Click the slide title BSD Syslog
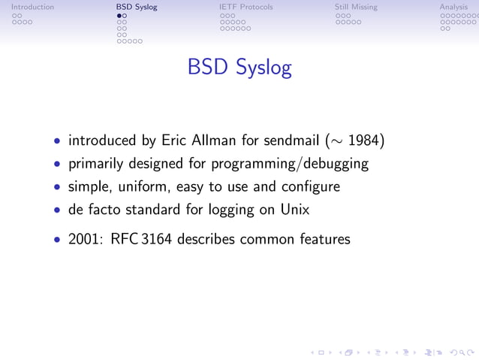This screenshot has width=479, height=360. pyautogui.click(x=239, y=68)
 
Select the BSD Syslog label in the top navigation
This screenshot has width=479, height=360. pyautogui.click(x=137, y=7)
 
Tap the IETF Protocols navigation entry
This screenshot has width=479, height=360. pyautogui.click(x=246, y=7)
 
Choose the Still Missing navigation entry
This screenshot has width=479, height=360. pyautogui.click(x=356, y=7)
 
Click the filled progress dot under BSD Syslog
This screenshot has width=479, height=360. pyautogui.click(x=119, y=15)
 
